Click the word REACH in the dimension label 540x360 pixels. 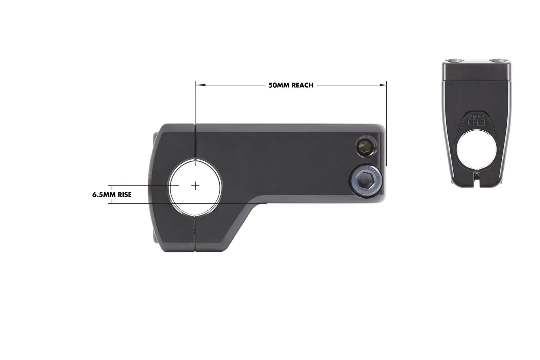tap(302, 85)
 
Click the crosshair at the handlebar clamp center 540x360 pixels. tap(195, 186)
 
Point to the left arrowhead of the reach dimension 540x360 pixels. tap(198, 85)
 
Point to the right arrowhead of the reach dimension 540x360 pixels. tap(383, 85)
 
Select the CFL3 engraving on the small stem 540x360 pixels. tap(476, 122)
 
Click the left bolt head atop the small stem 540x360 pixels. tap(455, 61)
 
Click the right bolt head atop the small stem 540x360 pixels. tap(497, 61)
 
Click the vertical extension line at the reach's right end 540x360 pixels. tap(386, 123)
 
